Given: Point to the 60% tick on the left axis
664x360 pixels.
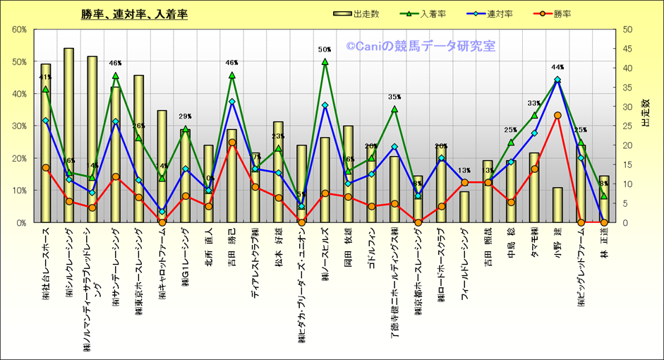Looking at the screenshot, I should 18,30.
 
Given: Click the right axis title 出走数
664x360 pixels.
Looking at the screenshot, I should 646,113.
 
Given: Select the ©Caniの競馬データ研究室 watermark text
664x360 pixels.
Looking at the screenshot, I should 421,47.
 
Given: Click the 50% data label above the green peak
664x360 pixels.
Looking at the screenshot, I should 325,50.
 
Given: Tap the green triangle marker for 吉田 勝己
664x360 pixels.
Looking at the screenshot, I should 231,75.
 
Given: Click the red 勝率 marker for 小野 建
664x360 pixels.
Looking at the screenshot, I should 557,115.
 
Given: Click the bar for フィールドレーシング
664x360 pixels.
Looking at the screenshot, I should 464,207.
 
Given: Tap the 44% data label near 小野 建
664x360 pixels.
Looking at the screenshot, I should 557,68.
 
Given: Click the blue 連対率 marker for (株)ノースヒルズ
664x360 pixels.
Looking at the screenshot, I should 325,105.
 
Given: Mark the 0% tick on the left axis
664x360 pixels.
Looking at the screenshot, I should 20,222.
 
